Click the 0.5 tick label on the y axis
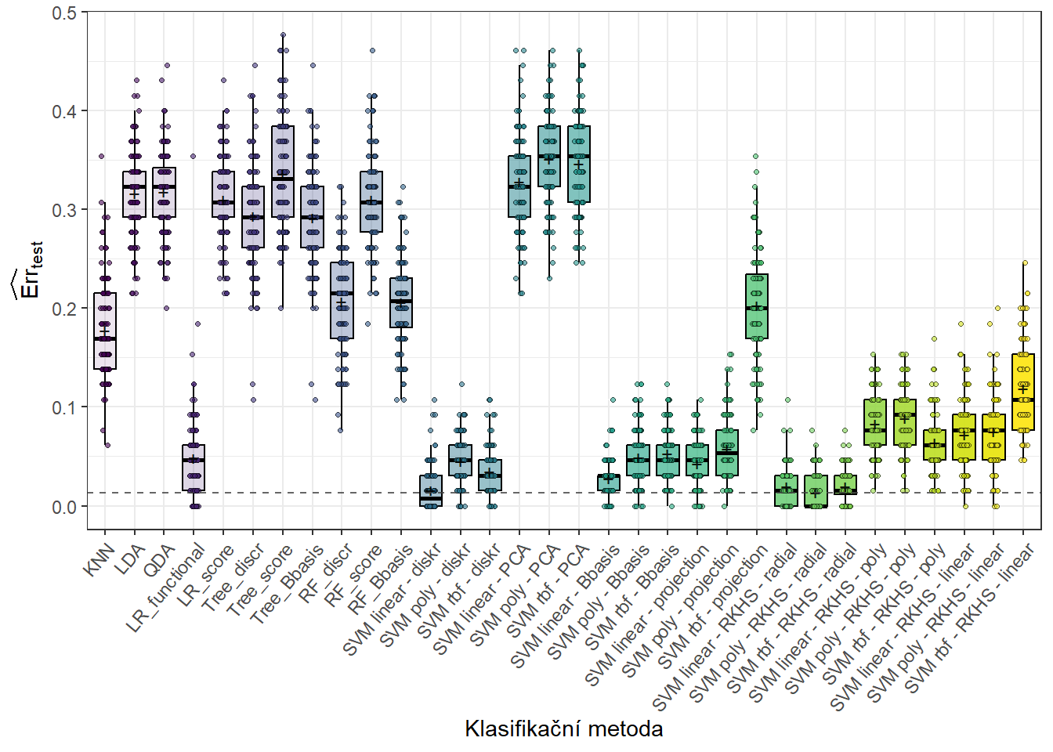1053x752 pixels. pyautogui.click(x=64, y=13)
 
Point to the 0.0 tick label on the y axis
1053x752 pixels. pyautogui.click(x=64, y=507)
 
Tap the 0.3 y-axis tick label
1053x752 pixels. pyautogui.click(x=64, y=211)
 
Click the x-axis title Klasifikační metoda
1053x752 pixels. pyautogui.click(x=563, y=728)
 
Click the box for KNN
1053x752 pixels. pyautogui.click(x=105, y=331)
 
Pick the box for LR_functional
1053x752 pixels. pyautogui.click(x=194, y=468)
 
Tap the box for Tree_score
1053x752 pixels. pyautogui.click(x=283, y=172)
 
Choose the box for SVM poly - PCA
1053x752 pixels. pyautogui.click(x=549, y=156)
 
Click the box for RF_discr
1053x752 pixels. pyautogui.click(x=342, y=301)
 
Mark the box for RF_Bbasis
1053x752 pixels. pyautogui.click(x=401, y=302)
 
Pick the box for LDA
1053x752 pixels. pyautogui.click(x=135, y=194)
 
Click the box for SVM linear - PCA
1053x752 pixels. pyautogui.click(x=519, y=186)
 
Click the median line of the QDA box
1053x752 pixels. pyautogui.click(x=165, y=187)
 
